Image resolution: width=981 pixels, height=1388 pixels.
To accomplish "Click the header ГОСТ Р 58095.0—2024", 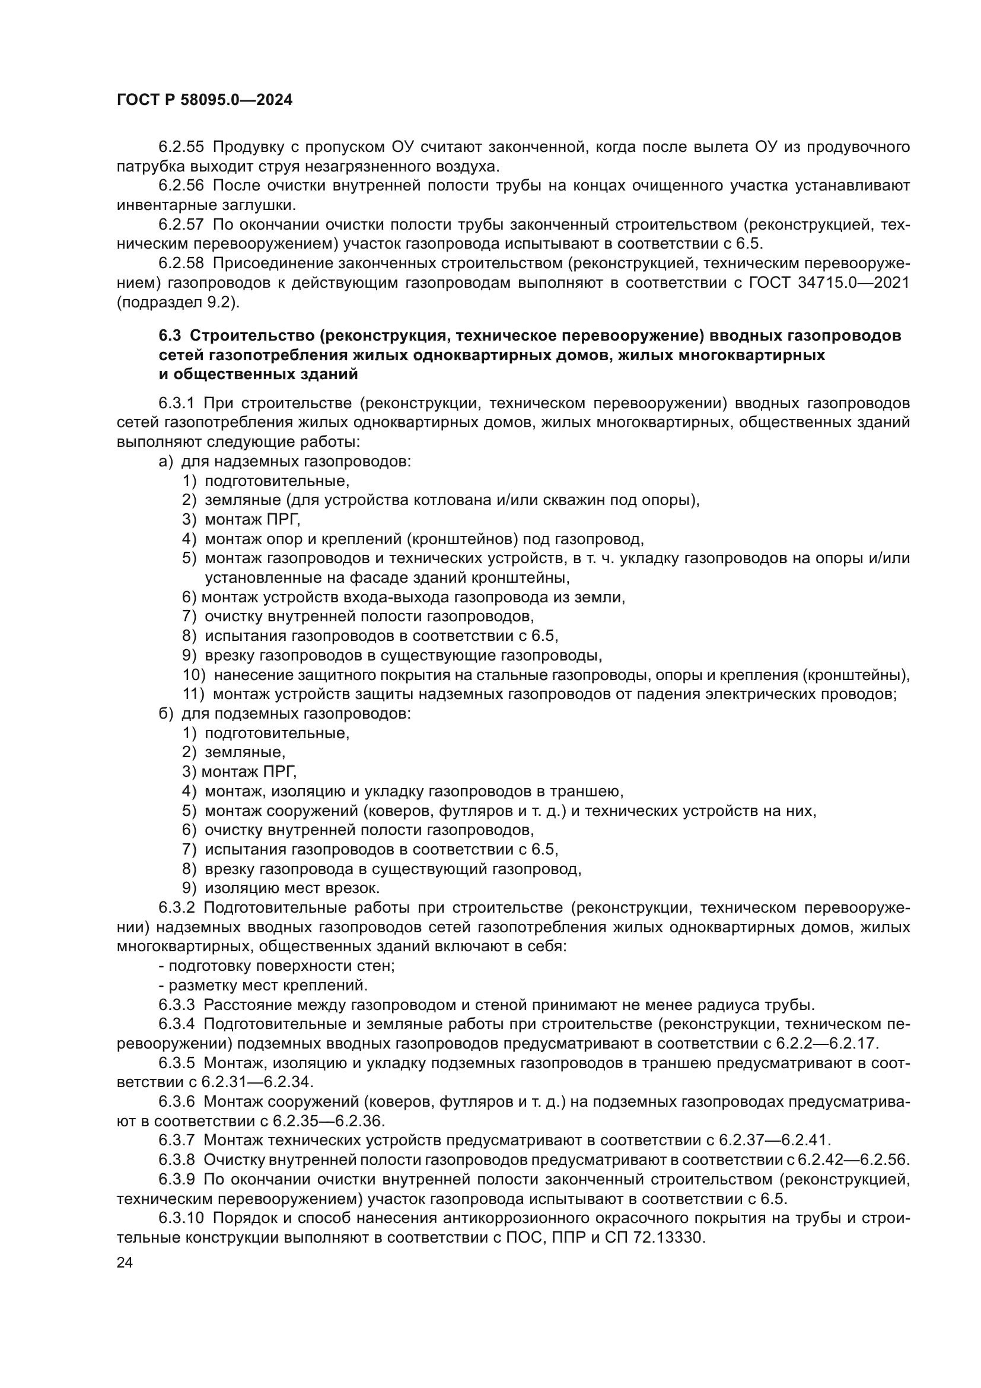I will (x=204, y=100).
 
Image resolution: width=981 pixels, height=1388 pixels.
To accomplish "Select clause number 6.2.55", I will (x=181, y=147).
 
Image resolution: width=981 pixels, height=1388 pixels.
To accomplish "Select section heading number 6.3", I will (x=170, y=335).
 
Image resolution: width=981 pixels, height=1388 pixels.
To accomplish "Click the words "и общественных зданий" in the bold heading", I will (x=259, y=374).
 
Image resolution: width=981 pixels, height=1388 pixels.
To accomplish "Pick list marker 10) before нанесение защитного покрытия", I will (x=194, y=675).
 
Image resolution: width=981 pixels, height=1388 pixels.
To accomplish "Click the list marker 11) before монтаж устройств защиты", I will (x=193, y=694).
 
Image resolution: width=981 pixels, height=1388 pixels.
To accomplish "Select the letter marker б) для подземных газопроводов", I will (x=165, y=713).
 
